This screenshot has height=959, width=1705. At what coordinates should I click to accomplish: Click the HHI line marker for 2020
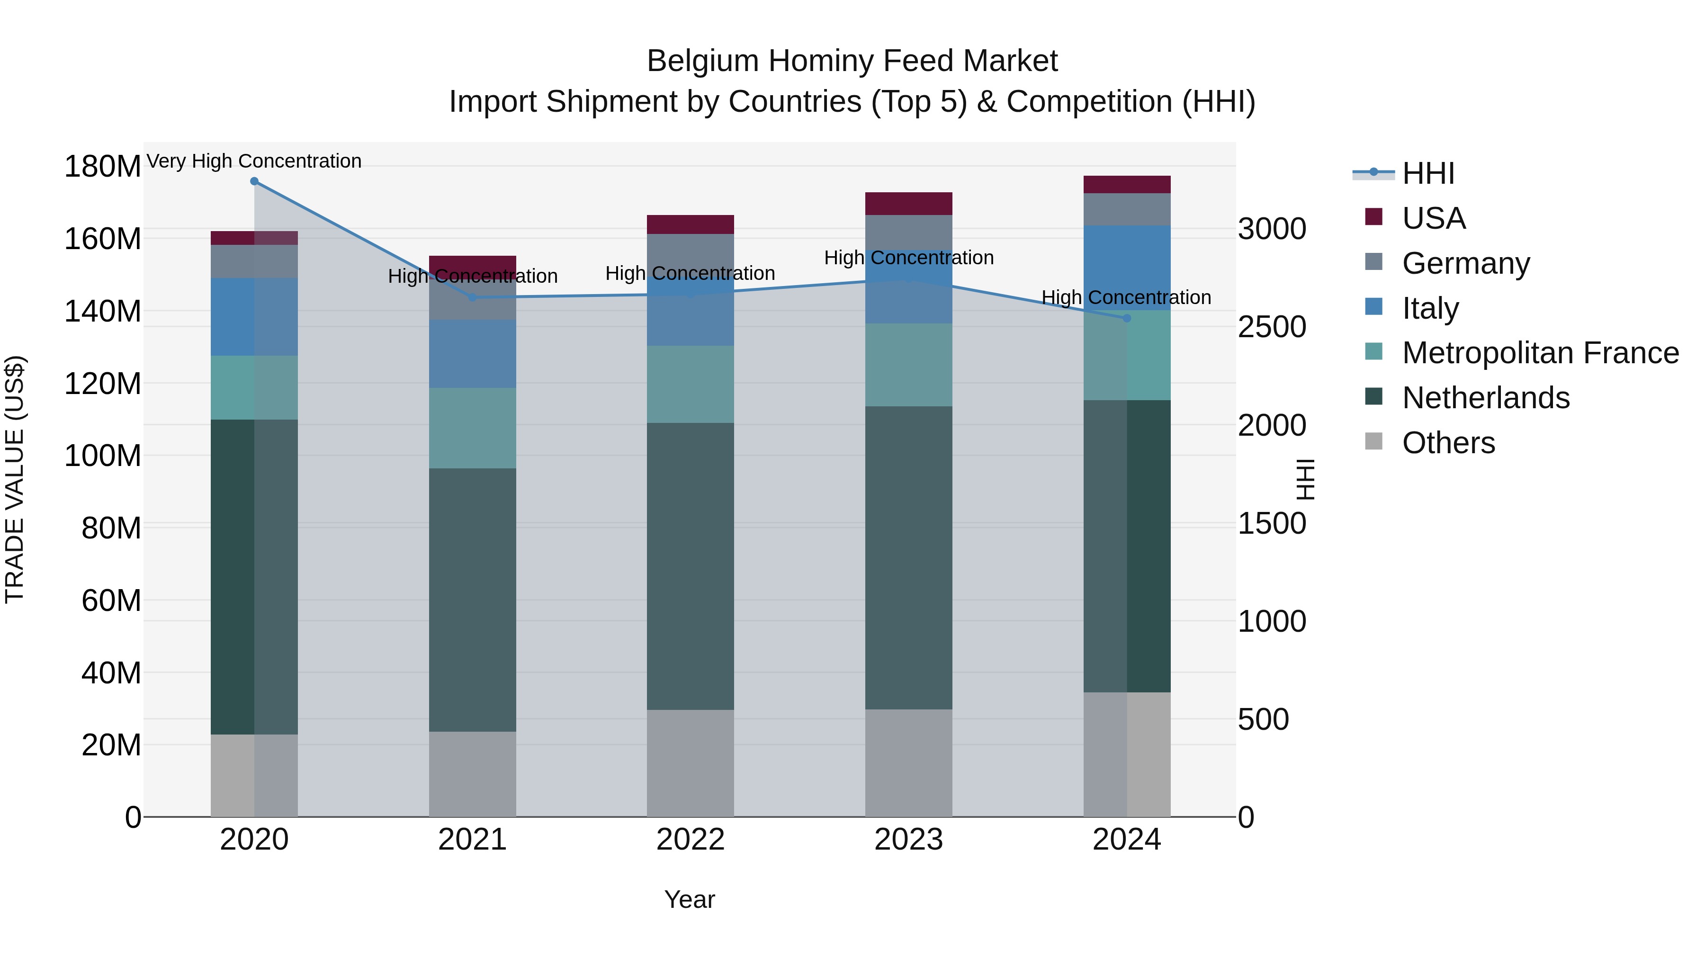pos(254,181)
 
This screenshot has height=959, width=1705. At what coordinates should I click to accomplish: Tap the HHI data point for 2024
pos(1127,318)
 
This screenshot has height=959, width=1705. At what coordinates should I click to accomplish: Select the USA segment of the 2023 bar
pos(909,204)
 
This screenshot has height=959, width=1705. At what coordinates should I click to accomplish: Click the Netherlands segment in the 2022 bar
pos(691,566)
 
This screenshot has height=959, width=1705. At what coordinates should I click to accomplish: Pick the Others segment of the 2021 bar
pos(473,774)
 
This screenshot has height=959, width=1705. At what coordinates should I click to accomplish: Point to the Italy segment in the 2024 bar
pos(1127,268)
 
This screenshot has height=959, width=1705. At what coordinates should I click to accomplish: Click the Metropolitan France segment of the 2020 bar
pos(254,388)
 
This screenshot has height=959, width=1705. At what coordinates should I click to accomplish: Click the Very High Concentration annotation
pos(254,161)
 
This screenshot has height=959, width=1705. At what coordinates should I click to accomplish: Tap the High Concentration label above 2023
pos(909,258)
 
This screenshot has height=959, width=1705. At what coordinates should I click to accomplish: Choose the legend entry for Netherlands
pos(1485,398)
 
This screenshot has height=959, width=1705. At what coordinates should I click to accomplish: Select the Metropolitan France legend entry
pos(1540,353)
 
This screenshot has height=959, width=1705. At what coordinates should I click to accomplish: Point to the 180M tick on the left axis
pos(103,167)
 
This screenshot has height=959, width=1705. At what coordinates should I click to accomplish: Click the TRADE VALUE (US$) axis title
pos(15,479)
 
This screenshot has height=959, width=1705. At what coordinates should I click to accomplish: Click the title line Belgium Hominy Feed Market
pos(852,62)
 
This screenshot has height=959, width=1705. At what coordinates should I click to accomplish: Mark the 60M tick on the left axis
pos(111,601)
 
